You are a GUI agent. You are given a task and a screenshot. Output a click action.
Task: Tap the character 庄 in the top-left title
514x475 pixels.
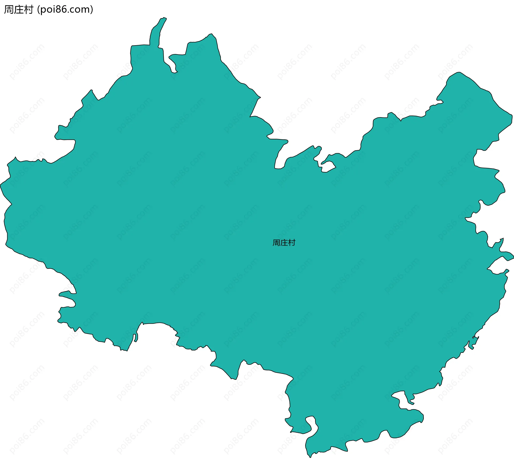pos(18,10)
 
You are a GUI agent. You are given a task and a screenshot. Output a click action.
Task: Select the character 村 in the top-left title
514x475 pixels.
pos(28,10)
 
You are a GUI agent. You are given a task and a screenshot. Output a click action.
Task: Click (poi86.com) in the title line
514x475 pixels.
pos(65,10)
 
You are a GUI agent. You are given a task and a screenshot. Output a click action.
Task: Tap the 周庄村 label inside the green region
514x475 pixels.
pos(284,243)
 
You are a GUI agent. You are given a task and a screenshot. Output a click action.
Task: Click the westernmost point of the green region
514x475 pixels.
pos(1,185)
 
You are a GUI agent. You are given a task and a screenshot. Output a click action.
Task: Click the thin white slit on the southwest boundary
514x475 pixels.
pos(135,338)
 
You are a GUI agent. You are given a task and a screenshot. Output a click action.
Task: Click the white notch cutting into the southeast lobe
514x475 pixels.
pos(400,399)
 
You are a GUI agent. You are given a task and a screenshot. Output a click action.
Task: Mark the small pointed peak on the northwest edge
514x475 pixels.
pos(91,90)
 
